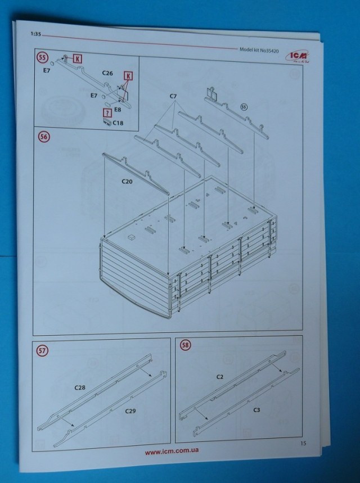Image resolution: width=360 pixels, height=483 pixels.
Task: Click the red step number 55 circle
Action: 42,58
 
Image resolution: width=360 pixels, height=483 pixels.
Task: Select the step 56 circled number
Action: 42,137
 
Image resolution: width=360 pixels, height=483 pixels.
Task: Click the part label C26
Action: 109,74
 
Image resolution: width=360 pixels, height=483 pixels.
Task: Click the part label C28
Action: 80,388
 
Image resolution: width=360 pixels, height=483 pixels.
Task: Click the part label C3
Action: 256,410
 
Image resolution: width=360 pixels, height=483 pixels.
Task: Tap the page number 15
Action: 304,445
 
